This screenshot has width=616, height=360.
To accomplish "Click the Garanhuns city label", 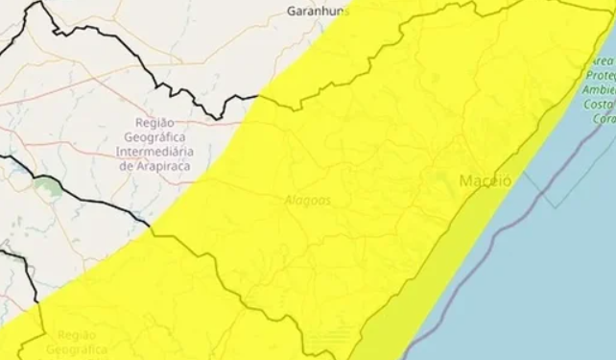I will pos(315,12).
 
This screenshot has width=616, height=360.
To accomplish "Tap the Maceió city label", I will pos(486,180).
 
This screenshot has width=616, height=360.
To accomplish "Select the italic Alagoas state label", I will pos(307,200).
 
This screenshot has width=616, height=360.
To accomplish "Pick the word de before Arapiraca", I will pos(125,165).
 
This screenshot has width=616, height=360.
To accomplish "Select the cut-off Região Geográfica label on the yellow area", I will pos(81,343).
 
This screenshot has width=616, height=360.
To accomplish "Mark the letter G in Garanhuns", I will pos(292,12).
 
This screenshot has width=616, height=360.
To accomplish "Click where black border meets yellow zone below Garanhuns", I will pos(259,95).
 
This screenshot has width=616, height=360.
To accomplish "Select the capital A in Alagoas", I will pos(289,200).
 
